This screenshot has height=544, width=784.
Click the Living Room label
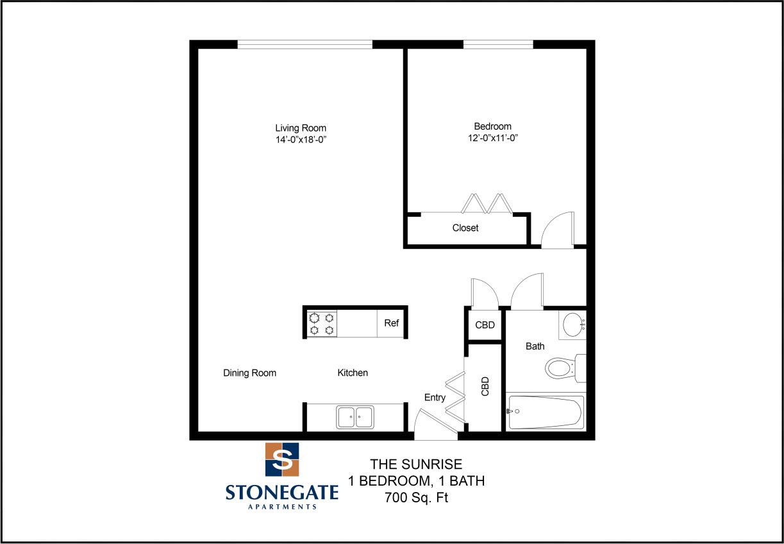[x=301, y=128]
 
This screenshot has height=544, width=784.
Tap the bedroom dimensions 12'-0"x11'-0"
[x=492, y=138]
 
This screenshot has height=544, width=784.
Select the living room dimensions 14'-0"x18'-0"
[x=301, y=140]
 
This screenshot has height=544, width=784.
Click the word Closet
[x=465, y=228]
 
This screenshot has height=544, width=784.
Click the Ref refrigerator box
[x=391, y=323]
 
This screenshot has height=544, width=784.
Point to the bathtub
[x=546, y=412]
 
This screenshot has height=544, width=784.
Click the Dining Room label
[x=249, y=373]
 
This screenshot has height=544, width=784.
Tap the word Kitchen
[x=353, y=373]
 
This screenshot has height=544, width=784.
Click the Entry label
[x=435, y=398]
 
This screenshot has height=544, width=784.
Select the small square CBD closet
[x=485, y=325]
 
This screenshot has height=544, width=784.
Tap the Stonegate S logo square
[x=282, y=459]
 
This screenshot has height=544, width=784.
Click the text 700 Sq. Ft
[x=416, y=497]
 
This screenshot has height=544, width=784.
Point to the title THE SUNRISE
[x=416, y=464]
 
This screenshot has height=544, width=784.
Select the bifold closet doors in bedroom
[x=487, y=203]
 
